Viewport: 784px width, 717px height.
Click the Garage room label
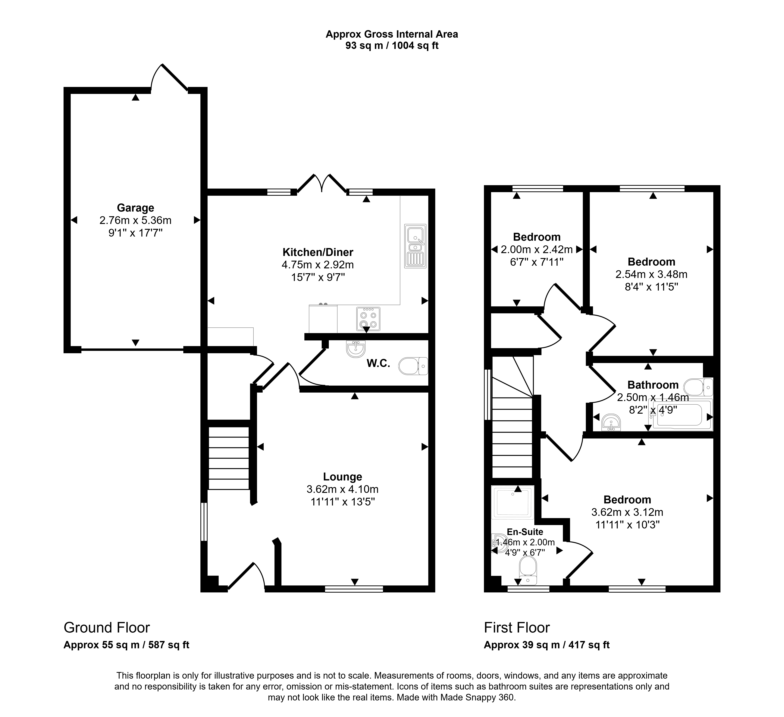coord(135,208)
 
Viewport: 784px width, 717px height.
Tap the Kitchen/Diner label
coord(318,252)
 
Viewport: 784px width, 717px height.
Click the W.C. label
coord(378,364)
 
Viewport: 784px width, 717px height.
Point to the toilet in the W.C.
coord(413,366)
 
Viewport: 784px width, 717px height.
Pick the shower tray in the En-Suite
coord(513,502)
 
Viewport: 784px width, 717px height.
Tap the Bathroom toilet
coord(698,387)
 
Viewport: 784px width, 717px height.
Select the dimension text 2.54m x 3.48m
coord(651,274)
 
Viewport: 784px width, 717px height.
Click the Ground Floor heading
coord(107,627)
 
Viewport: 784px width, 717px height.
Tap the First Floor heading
coord(517,627)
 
